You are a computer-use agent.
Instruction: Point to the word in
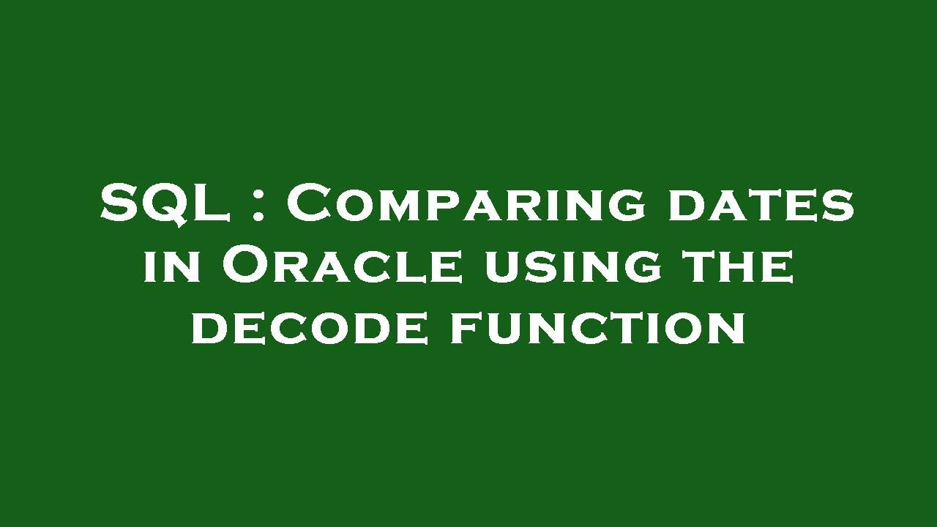point(171,267)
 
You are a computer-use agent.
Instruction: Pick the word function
point(597,327)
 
